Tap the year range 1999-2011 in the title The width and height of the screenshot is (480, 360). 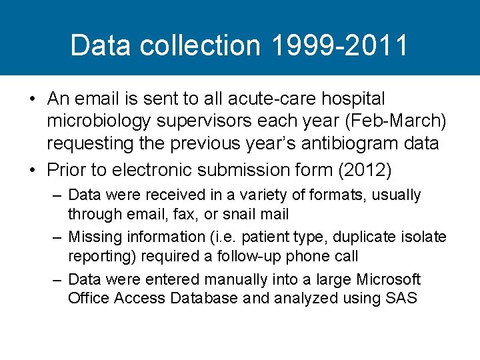340,45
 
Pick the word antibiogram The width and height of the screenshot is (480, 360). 345,144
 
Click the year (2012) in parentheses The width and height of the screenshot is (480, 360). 365,170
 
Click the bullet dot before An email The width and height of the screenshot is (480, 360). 32,99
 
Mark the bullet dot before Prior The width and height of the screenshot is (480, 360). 32,171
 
